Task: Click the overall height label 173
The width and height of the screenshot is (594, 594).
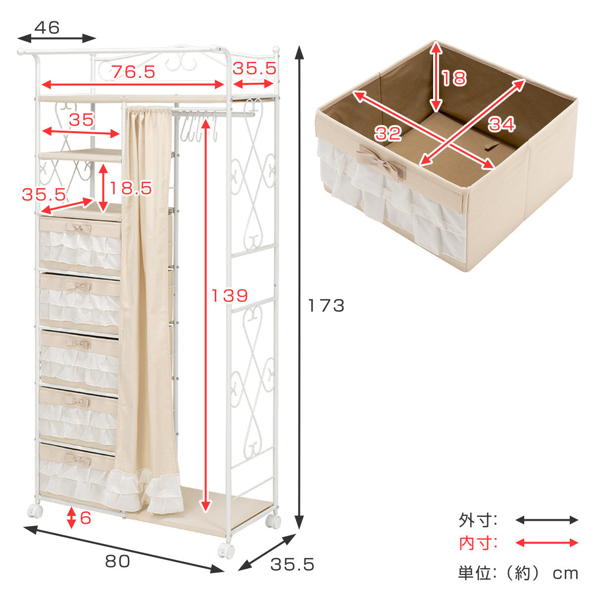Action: pyautogui.click(x=326, y=305)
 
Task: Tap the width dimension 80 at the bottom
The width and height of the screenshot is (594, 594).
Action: pyautogui.click(x=117, y=561)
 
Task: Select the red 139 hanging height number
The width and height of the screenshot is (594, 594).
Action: pyautogui.click(x=230, y=296)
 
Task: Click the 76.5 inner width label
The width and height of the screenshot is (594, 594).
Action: pyautogui.click(x=133, y=72)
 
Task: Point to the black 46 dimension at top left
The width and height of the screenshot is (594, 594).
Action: pyautogui.click(x=47, y=27)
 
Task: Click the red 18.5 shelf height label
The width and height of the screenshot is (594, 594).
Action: pyautogui.click(x=131, y=188)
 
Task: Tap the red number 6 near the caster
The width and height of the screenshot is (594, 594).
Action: pyautogui.click(x=85, y=518)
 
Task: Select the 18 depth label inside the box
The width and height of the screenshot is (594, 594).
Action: pyautogui.click(x=454, y=78)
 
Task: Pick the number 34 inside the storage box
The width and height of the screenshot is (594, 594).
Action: pyautogui.click(x=501, y=125)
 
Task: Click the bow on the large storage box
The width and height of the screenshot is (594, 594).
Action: pyautogui.click(x=381, y=162)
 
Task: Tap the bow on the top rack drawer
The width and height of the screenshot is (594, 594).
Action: pyautogui.click(x=78, y=229)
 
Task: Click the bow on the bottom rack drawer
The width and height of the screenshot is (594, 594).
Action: pyautogui.click(x=78, y=460)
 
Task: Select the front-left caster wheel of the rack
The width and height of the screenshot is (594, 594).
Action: pyautogui.click(x=35, y=511)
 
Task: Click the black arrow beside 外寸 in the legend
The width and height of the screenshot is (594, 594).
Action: pyautogui.click(x=546, y=520)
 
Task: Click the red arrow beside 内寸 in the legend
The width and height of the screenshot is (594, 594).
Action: pyautogui.click(x=546, y=543)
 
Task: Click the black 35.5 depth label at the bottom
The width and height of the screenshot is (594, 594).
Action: pyautogui.click(x=292, y=564)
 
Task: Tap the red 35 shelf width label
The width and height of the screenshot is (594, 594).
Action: pyautogui.click(x=81, y=119)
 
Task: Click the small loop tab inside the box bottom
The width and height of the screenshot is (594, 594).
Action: pyautogui.click(x=493, y=147)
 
